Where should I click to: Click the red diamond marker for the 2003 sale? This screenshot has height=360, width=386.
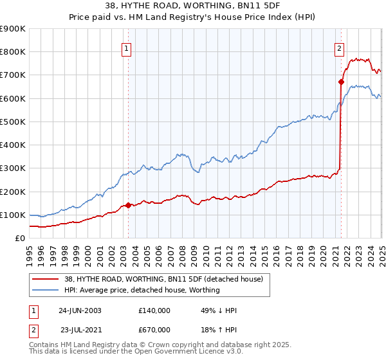point(128,205)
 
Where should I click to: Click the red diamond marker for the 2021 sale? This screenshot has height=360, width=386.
point(340,82)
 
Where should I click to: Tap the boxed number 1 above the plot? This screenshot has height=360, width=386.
point(126,47)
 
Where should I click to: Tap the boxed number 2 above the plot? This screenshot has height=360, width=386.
point(338,47)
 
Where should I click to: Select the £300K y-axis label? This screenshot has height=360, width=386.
point(13,168)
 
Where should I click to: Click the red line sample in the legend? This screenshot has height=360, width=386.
point(45,280)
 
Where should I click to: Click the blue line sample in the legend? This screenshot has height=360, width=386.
point(45,291)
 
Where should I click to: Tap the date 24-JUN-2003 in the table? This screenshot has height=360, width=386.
point(80,310)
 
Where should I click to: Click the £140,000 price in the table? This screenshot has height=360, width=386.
point(154,310)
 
